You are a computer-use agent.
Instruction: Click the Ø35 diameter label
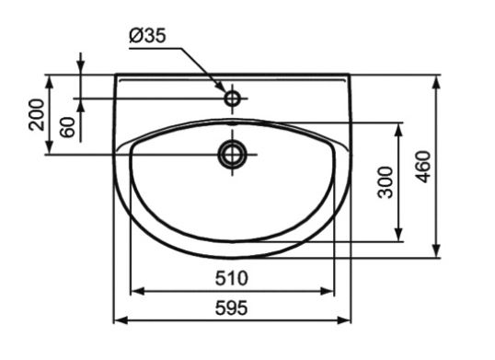(147, 36)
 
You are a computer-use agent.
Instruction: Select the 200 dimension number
(36, 115)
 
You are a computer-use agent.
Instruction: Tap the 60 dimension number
(67, 127)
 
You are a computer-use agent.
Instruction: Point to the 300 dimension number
(386, 182)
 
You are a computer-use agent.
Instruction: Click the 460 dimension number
(423, 167)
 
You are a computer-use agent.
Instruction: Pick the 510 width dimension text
(232, 278)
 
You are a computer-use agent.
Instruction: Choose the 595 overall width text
(232, 308)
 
